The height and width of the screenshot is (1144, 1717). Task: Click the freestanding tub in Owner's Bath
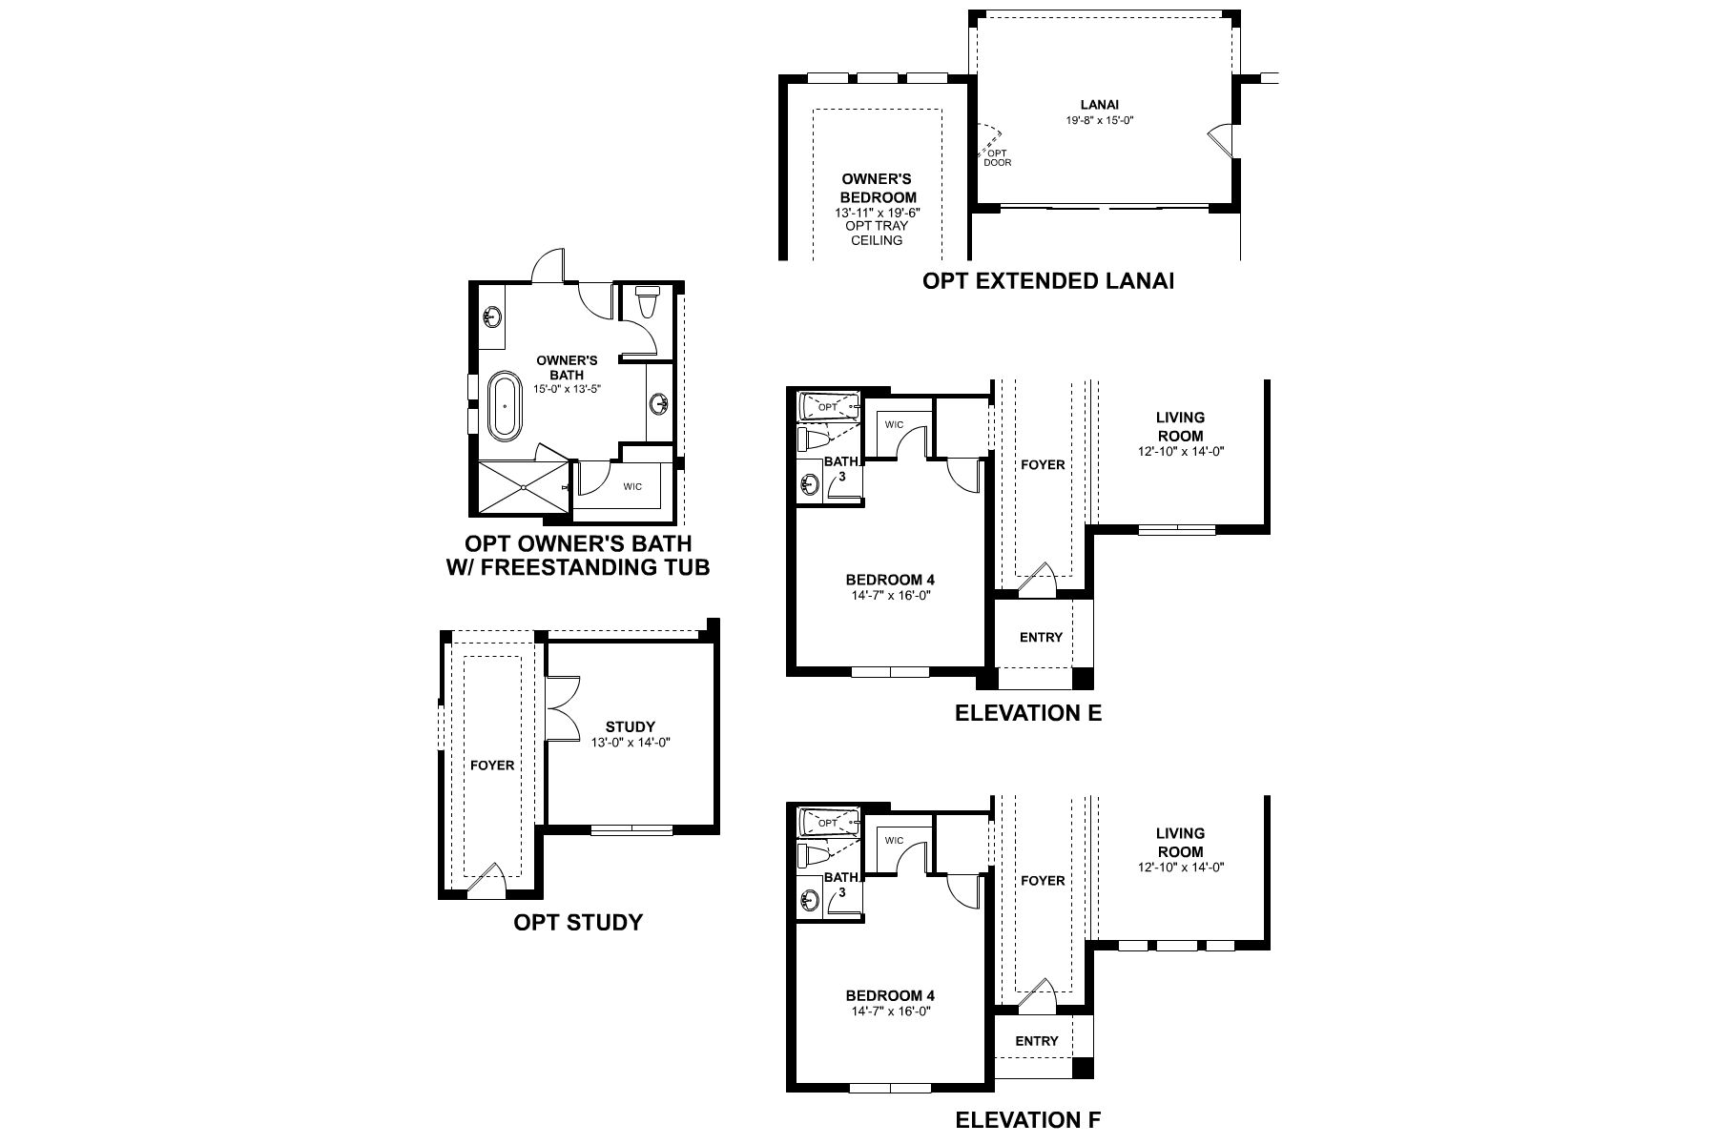[506, 407]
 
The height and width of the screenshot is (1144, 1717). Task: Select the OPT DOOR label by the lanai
[997, 157]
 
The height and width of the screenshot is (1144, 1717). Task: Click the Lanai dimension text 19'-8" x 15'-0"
[1099, 121]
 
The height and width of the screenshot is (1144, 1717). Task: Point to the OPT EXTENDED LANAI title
[1047, 280]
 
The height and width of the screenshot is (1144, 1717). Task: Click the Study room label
[631, 727]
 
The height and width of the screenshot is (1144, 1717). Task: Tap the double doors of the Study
[564, 706]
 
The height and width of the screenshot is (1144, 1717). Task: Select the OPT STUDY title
[578, 922]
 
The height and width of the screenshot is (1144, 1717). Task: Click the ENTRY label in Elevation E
[1041, 637]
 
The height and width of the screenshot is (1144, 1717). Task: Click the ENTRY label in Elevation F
[1037, 1041]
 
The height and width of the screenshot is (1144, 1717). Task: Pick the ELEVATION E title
[1028, 712]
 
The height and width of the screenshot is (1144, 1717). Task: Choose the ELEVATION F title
[1027, 1119]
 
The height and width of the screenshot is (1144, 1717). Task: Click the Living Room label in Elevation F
[1180, 843]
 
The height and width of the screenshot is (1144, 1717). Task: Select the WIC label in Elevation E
[894, 424]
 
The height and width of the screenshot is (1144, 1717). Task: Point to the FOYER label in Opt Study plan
[492, 765]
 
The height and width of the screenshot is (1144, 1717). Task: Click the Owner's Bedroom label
[876, 188]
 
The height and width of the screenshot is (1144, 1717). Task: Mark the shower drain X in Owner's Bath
[524, 488]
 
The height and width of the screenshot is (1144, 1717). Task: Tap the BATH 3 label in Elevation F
[841, 885]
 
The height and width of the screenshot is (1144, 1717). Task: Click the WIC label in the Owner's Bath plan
[632, 486]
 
